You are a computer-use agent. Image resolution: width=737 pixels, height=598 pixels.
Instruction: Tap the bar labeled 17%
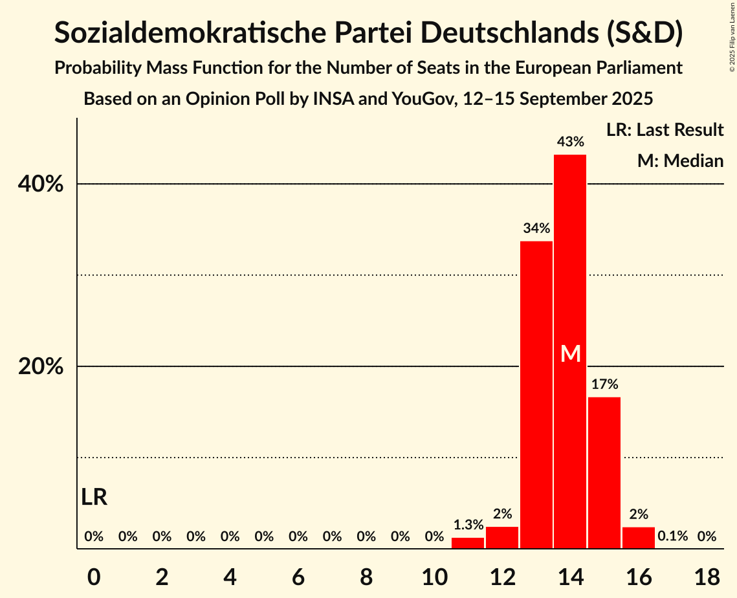point(604,472)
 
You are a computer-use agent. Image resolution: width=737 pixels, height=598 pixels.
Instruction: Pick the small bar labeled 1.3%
point(468,543)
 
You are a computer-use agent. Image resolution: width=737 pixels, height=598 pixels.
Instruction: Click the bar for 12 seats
point(502,538)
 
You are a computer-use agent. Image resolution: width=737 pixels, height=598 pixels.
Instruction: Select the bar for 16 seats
point(639,538)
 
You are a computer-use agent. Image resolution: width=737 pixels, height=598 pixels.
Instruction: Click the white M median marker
point(571,353)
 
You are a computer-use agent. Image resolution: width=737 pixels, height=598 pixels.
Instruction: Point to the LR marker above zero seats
point(94,497)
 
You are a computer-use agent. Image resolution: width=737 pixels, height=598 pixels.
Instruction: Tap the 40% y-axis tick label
point(41,184)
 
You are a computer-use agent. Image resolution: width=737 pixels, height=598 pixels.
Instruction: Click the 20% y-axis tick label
point(41,367)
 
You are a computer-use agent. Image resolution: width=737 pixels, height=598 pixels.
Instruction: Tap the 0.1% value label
point(672,537)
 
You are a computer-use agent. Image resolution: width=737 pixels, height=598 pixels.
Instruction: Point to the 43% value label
point(571,141)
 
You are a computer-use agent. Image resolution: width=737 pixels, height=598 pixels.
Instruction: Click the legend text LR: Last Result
point(665,130)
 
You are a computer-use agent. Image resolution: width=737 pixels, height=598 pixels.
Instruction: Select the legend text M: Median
point(680,161)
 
